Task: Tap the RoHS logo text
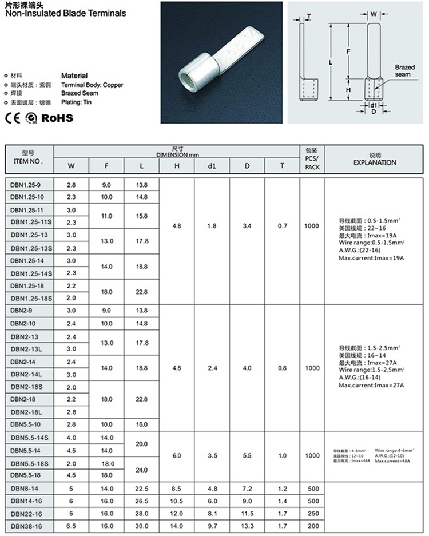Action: (58, 118)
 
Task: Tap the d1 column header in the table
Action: (212, 166)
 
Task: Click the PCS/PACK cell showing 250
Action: (312, 513)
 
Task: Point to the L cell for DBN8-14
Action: (142, 488)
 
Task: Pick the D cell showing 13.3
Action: (247, 526)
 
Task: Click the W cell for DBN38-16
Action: (71, 526)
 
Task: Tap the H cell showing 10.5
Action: (177, 501)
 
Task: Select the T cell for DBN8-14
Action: (282, 488)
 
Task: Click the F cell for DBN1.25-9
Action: (106, 185)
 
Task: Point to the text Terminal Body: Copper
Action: (92, 85)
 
